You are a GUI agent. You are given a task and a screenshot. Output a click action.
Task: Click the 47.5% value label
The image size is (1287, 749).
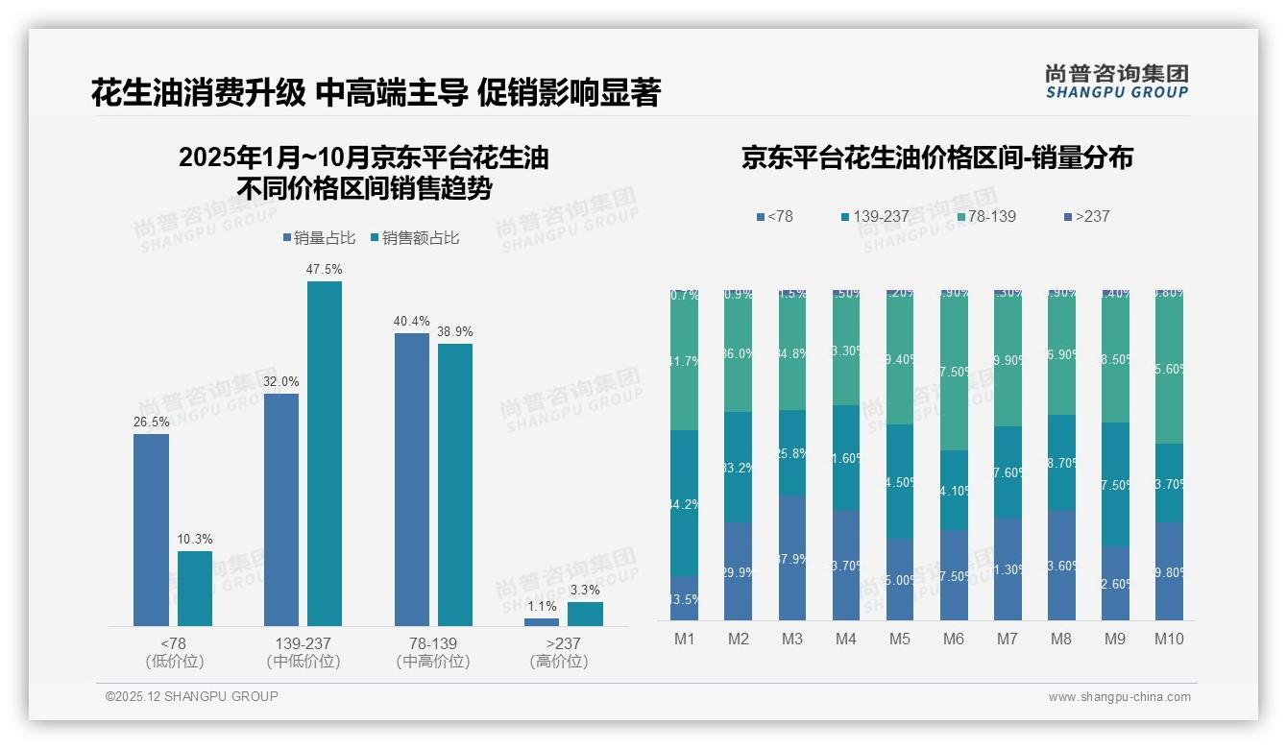coord(324,270)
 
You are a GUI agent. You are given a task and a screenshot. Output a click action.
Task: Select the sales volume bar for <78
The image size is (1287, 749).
coord(151,530)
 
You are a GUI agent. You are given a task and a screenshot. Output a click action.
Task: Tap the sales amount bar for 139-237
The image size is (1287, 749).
coord(324,453)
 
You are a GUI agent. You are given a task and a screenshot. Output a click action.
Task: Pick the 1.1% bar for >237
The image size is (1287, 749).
coord(542,622)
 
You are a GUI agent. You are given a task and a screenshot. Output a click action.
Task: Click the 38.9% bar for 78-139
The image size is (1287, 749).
coord(455,485)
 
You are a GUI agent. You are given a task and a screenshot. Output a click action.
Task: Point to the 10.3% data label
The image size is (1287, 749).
coord(195,540)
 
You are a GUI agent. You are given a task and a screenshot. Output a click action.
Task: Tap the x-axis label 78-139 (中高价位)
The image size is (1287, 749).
coord(433,652)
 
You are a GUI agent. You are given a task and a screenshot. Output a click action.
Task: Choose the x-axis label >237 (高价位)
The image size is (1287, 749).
coord(558,652)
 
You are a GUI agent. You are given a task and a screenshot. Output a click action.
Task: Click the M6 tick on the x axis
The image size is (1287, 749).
coord(954,639)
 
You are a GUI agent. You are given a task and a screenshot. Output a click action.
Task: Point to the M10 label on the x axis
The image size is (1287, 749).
coord(1169,639)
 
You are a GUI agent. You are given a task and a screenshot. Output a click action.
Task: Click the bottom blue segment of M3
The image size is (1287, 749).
coord(792,557)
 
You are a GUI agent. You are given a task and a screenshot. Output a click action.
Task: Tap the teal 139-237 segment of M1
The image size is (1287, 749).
coord(685,503)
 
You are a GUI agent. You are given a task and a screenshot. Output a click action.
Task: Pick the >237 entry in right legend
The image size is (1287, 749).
coord(1087,216)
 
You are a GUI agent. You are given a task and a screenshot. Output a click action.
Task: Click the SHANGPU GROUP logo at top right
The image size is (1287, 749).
coord(1116,82)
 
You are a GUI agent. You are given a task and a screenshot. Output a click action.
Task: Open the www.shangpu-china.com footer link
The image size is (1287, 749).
coord(1119,697)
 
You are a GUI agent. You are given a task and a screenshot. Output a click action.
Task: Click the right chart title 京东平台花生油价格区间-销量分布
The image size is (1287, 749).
coord(936,157)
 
